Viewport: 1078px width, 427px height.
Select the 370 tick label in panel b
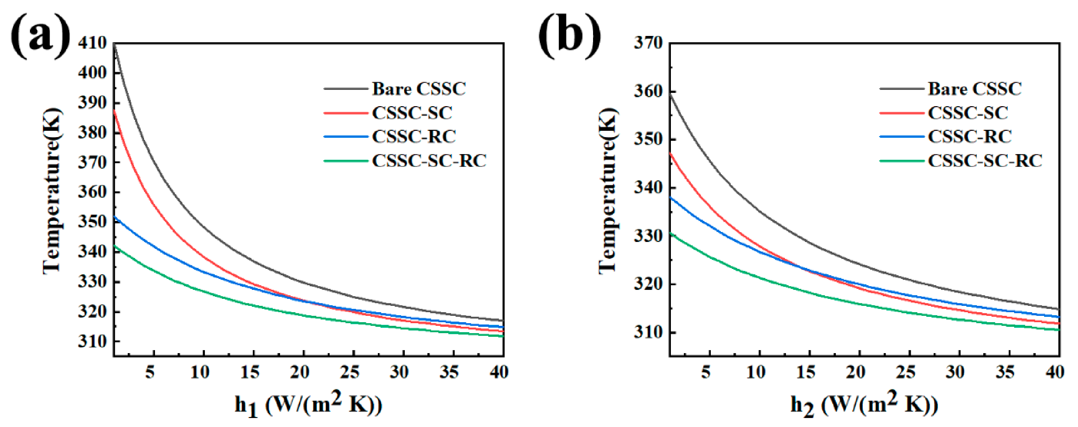click(648, 43)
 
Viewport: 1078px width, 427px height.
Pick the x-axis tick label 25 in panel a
click(349, 371)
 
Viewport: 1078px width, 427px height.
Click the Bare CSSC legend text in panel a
click(418, 89)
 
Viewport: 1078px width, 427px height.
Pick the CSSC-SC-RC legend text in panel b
click(985, 161)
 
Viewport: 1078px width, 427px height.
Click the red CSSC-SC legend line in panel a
click(345, 113)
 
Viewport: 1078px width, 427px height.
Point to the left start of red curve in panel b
click(671, 153)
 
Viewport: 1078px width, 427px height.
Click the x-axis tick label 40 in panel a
click(499, 371)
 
